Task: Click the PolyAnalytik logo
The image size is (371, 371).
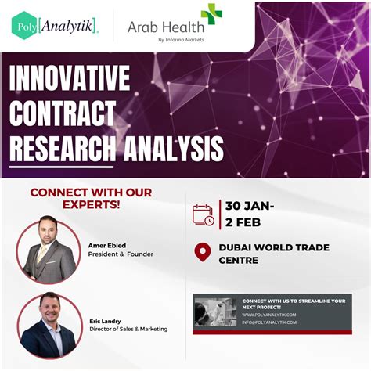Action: coord(56,26)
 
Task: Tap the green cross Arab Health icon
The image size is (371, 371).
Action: coord(211,14)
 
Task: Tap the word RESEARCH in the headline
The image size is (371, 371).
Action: coord(63,147)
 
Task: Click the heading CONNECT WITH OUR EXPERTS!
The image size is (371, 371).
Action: coord(91,198)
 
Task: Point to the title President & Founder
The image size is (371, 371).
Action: coord(121,254)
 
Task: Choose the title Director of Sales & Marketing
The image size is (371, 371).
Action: coord(128,329)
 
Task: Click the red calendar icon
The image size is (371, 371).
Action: coord(203,214)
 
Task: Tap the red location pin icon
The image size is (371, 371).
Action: coord(203,253)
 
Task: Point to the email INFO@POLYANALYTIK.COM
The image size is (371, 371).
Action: coord(269,322)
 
